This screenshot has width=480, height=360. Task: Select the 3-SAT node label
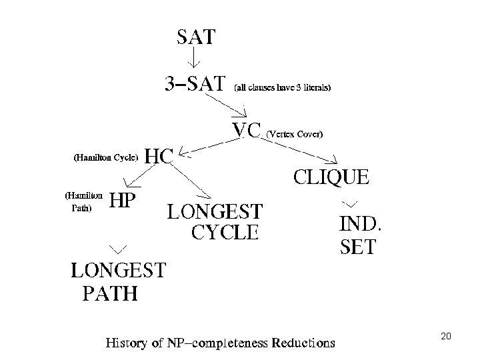(196, 85)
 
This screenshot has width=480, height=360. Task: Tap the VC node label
(246, 131)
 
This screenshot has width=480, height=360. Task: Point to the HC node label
(159, 157)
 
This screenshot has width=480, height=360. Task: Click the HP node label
(123, 200)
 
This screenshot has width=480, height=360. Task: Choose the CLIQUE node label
(330, 177)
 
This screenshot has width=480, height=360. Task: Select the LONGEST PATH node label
(119, 281)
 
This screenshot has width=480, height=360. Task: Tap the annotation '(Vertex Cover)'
(295, 134)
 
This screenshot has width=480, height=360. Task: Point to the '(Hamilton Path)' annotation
(83, 202)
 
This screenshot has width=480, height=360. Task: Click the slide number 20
(446, 337)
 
